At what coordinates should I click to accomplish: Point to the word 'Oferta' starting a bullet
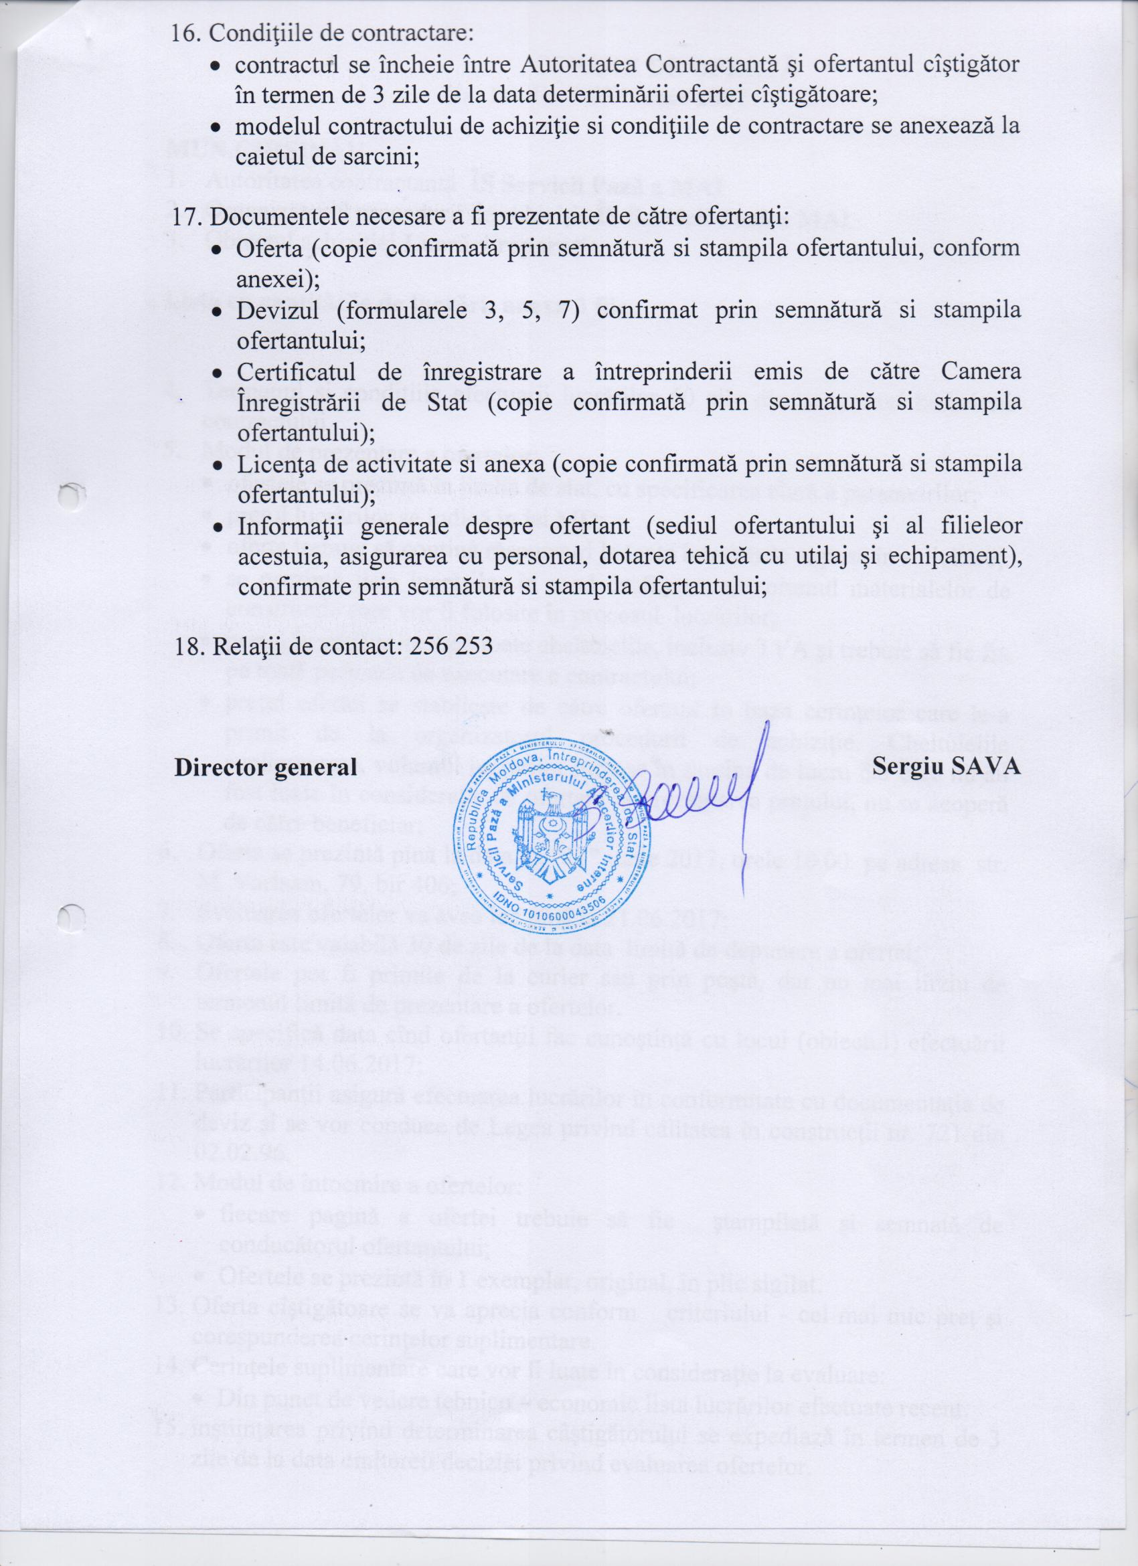coord(269,248)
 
